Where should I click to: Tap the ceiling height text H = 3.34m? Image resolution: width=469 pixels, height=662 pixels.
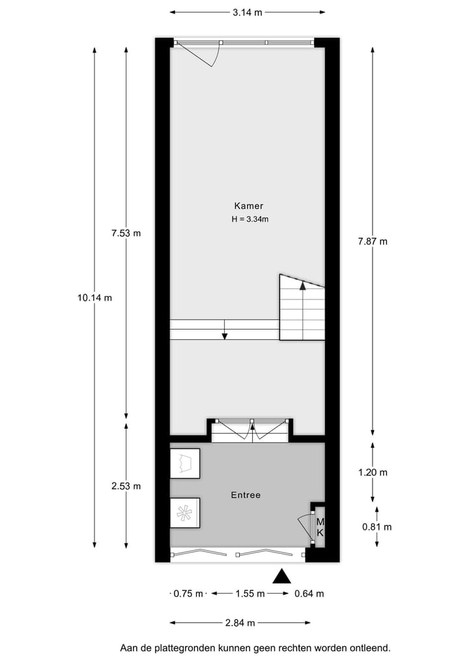pyautogui.click(x=250, y=219)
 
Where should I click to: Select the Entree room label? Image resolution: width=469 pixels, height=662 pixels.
pyautogui.click(x=246, y=495)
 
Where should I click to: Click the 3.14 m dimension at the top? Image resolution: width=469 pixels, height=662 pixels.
pyautogui.click(x=248, y=12)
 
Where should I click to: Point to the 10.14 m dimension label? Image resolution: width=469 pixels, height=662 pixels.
pyautogui.click(x=94, y=298)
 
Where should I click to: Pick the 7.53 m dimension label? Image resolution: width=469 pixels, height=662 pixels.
pyautogui.click(x=126, y=233)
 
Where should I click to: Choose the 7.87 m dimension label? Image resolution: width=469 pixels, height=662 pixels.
pyautogui.click(x=373, y=241)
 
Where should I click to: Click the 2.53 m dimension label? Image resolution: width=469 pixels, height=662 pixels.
pyautogui.click(x=126, y=486)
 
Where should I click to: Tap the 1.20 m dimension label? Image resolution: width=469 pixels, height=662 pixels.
pyautogui.click(x=373, y=473)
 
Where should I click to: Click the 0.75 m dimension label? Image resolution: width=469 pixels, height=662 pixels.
pyautogui.click(x=189, y=594)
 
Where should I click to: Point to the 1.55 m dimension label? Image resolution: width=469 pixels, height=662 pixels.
pyautogui.click(x=250, y=594)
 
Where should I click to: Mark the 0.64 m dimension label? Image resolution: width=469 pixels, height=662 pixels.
pyautogui.click(x=309, y=594)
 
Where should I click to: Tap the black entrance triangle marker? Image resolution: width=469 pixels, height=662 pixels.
pyautogui.click(x=281, y=576)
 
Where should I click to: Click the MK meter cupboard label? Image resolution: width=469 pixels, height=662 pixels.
pyautogui.click(x=320, y=527)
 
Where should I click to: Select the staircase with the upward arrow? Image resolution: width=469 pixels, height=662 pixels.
pyautogui.click(x=302, y=308)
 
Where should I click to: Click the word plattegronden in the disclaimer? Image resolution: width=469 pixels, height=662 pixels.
pyautogui.click(x=185, y=648)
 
